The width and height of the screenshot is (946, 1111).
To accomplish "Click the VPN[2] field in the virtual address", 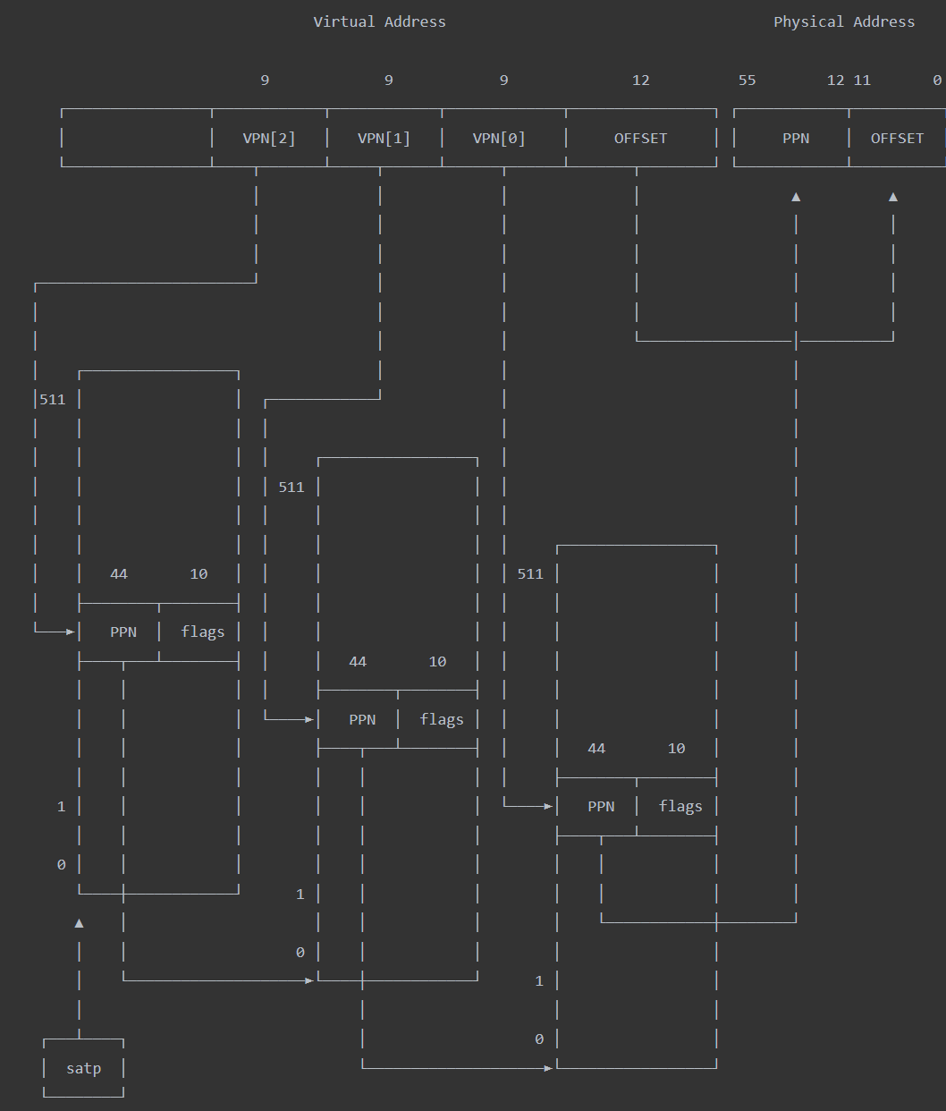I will (269, 139).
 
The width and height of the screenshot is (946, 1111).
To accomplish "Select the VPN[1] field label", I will (384, 139).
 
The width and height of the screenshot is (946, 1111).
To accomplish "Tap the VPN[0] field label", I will (499, 139).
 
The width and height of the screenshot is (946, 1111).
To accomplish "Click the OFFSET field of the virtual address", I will (640, 139).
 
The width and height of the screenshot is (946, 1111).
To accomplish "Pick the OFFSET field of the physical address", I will (897, 139).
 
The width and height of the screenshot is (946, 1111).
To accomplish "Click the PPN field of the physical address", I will (796, 139).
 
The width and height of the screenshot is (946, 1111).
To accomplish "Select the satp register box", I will (83, 1068).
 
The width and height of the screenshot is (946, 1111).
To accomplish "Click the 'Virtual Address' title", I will (379, 22).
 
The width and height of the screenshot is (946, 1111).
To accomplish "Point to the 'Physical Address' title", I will (844, 22).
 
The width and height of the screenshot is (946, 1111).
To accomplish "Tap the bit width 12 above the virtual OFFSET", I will (641, 81).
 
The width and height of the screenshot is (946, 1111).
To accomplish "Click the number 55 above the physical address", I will (747, 81).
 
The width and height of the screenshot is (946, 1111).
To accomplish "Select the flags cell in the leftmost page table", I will (203, 632).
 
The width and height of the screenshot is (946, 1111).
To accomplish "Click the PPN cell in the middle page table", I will (362, 720).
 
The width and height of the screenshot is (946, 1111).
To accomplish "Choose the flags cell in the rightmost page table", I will (680, 807).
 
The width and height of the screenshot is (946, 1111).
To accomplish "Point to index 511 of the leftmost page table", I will (53, 400).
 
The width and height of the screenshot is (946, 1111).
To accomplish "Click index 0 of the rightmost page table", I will (539, 1039).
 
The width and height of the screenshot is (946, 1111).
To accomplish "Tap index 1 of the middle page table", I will (300, 895).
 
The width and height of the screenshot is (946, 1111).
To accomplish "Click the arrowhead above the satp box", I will (79, 923).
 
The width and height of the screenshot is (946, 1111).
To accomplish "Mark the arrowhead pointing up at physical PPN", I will (796, 197).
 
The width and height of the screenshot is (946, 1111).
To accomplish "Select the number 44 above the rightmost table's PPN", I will (596, 749).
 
